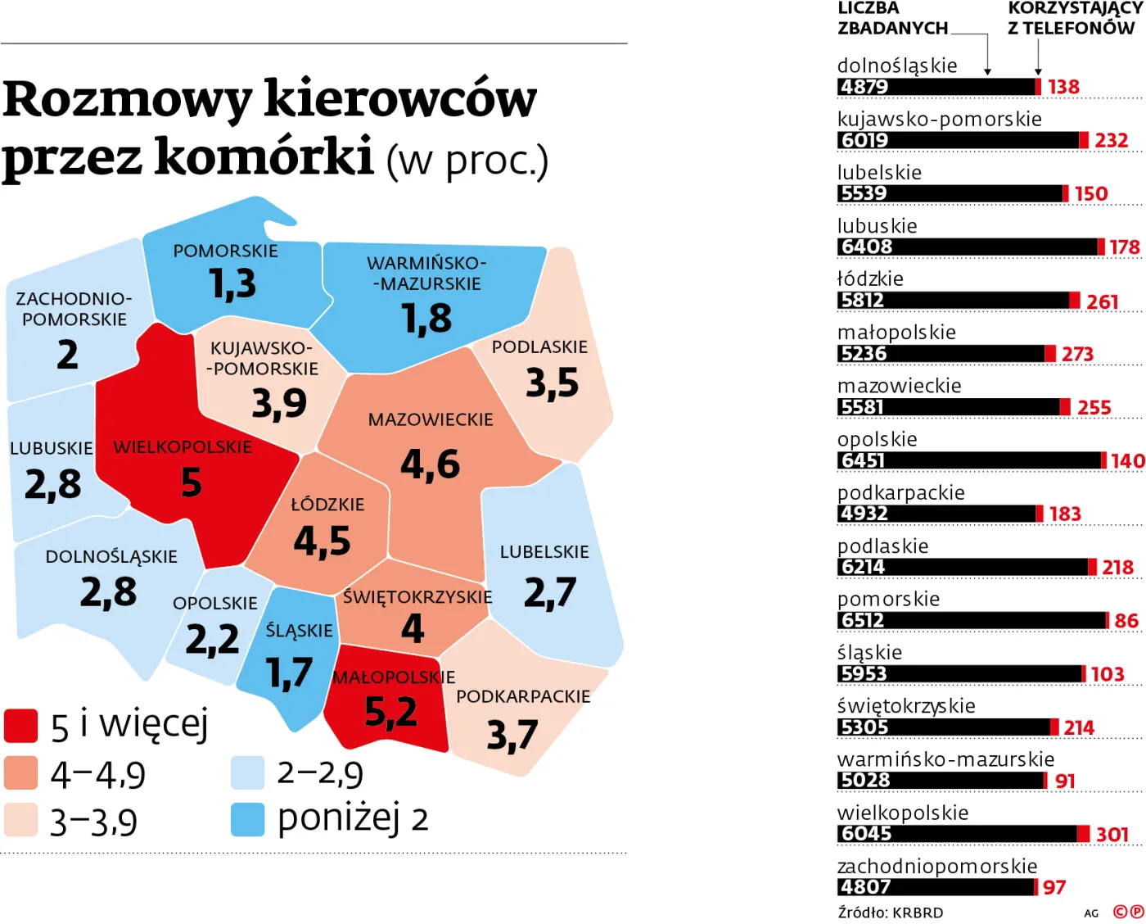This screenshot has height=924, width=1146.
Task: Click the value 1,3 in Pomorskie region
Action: pos(232,283)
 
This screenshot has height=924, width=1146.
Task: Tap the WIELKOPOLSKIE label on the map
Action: pos(183,447)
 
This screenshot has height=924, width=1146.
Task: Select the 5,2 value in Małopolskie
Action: pos(390,711)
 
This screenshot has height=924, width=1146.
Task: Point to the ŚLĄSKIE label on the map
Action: pos(299,631)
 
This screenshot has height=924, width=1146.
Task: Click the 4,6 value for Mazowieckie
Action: pos(430,464)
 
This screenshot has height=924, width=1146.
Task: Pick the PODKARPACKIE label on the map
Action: pos(523,696)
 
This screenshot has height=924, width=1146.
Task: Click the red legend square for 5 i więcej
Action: pos(21,725)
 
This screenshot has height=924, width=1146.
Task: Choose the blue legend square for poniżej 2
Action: pos(247,819)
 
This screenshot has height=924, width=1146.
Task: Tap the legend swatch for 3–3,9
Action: pos(21,820)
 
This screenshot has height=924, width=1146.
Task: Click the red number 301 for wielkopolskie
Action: pos(1112,834)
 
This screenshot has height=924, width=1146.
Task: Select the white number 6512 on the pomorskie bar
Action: pos(863,621)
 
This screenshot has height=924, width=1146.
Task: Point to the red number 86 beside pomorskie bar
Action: pos(1126,621)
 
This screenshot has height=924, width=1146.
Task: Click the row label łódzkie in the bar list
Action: pos(870,279)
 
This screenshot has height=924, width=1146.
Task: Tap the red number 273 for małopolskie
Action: pos(1077,354)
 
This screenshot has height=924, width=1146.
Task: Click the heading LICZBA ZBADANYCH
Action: pos(892,18)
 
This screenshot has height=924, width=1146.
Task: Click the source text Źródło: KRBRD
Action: pos(891,913)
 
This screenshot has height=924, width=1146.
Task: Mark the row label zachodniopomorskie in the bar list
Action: pos(937,866)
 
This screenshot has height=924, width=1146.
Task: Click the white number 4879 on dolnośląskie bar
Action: pos(864,87)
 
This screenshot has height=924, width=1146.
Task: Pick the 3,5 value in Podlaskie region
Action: pos(552,383)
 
